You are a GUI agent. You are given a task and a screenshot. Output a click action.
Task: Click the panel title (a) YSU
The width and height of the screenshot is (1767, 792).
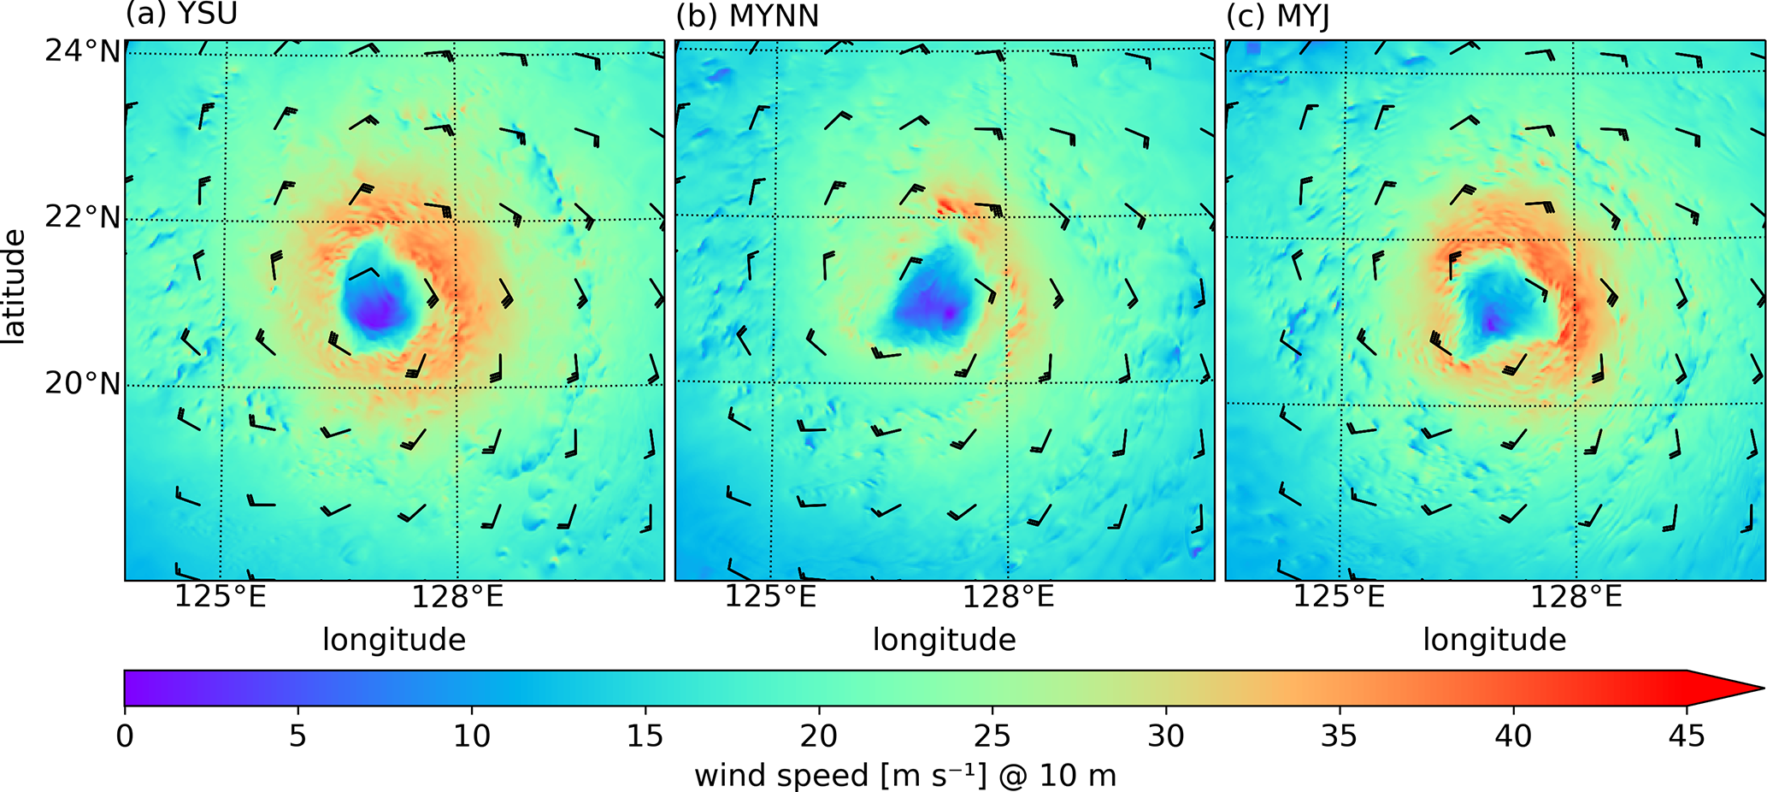click(181, 15)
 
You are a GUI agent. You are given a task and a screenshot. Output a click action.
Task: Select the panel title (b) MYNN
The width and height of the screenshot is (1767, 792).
click(747, 15)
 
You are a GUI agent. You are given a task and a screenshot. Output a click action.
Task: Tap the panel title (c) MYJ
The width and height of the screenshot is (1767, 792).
click(1278, 16)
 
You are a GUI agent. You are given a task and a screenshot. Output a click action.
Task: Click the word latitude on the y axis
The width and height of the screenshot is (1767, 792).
click(15, 287)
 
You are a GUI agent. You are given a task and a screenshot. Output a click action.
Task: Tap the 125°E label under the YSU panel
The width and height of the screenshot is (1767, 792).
click(221, 597)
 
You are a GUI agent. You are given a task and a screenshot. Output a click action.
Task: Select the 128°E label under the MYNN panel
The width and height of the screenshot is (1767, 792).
click(1008, 597)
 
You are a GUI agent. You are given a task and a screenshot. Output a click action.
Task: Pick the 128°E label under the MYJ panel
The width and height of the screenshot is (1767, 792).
click(1576, 597)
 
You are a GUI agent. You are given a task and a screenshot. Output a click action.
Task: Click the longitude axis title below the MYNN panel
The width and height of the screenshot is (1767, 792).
click(944, 640)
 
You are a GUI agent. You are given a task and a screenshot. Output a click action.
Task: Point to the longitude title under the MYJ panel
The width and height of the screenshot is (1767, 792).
click(1494, 640)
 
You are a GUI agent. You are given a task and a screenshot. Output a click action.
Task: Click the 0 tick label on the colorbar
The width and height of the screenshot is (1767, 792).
click(125, 736)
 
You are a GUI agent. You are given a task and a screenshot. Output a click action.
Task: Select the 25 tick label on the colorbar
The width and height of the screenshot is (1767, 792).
click(992, 736)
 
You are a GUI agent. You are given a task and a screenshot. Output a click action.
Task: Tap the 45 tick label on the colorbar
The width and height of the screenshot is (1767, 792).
click(1686, 736)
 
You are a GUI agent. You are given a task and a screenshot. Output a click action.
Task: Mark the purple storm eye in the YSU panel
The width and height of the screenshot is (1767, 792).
click(376, 315)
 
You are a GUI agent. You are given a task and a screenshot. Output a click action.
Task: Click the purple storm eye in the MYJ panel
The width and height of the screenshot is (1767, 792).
click(1492, 323)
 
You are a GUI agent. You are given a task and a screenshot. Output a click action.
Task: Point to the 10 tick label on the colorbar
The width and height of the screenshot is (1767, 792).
click(471, 736)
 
